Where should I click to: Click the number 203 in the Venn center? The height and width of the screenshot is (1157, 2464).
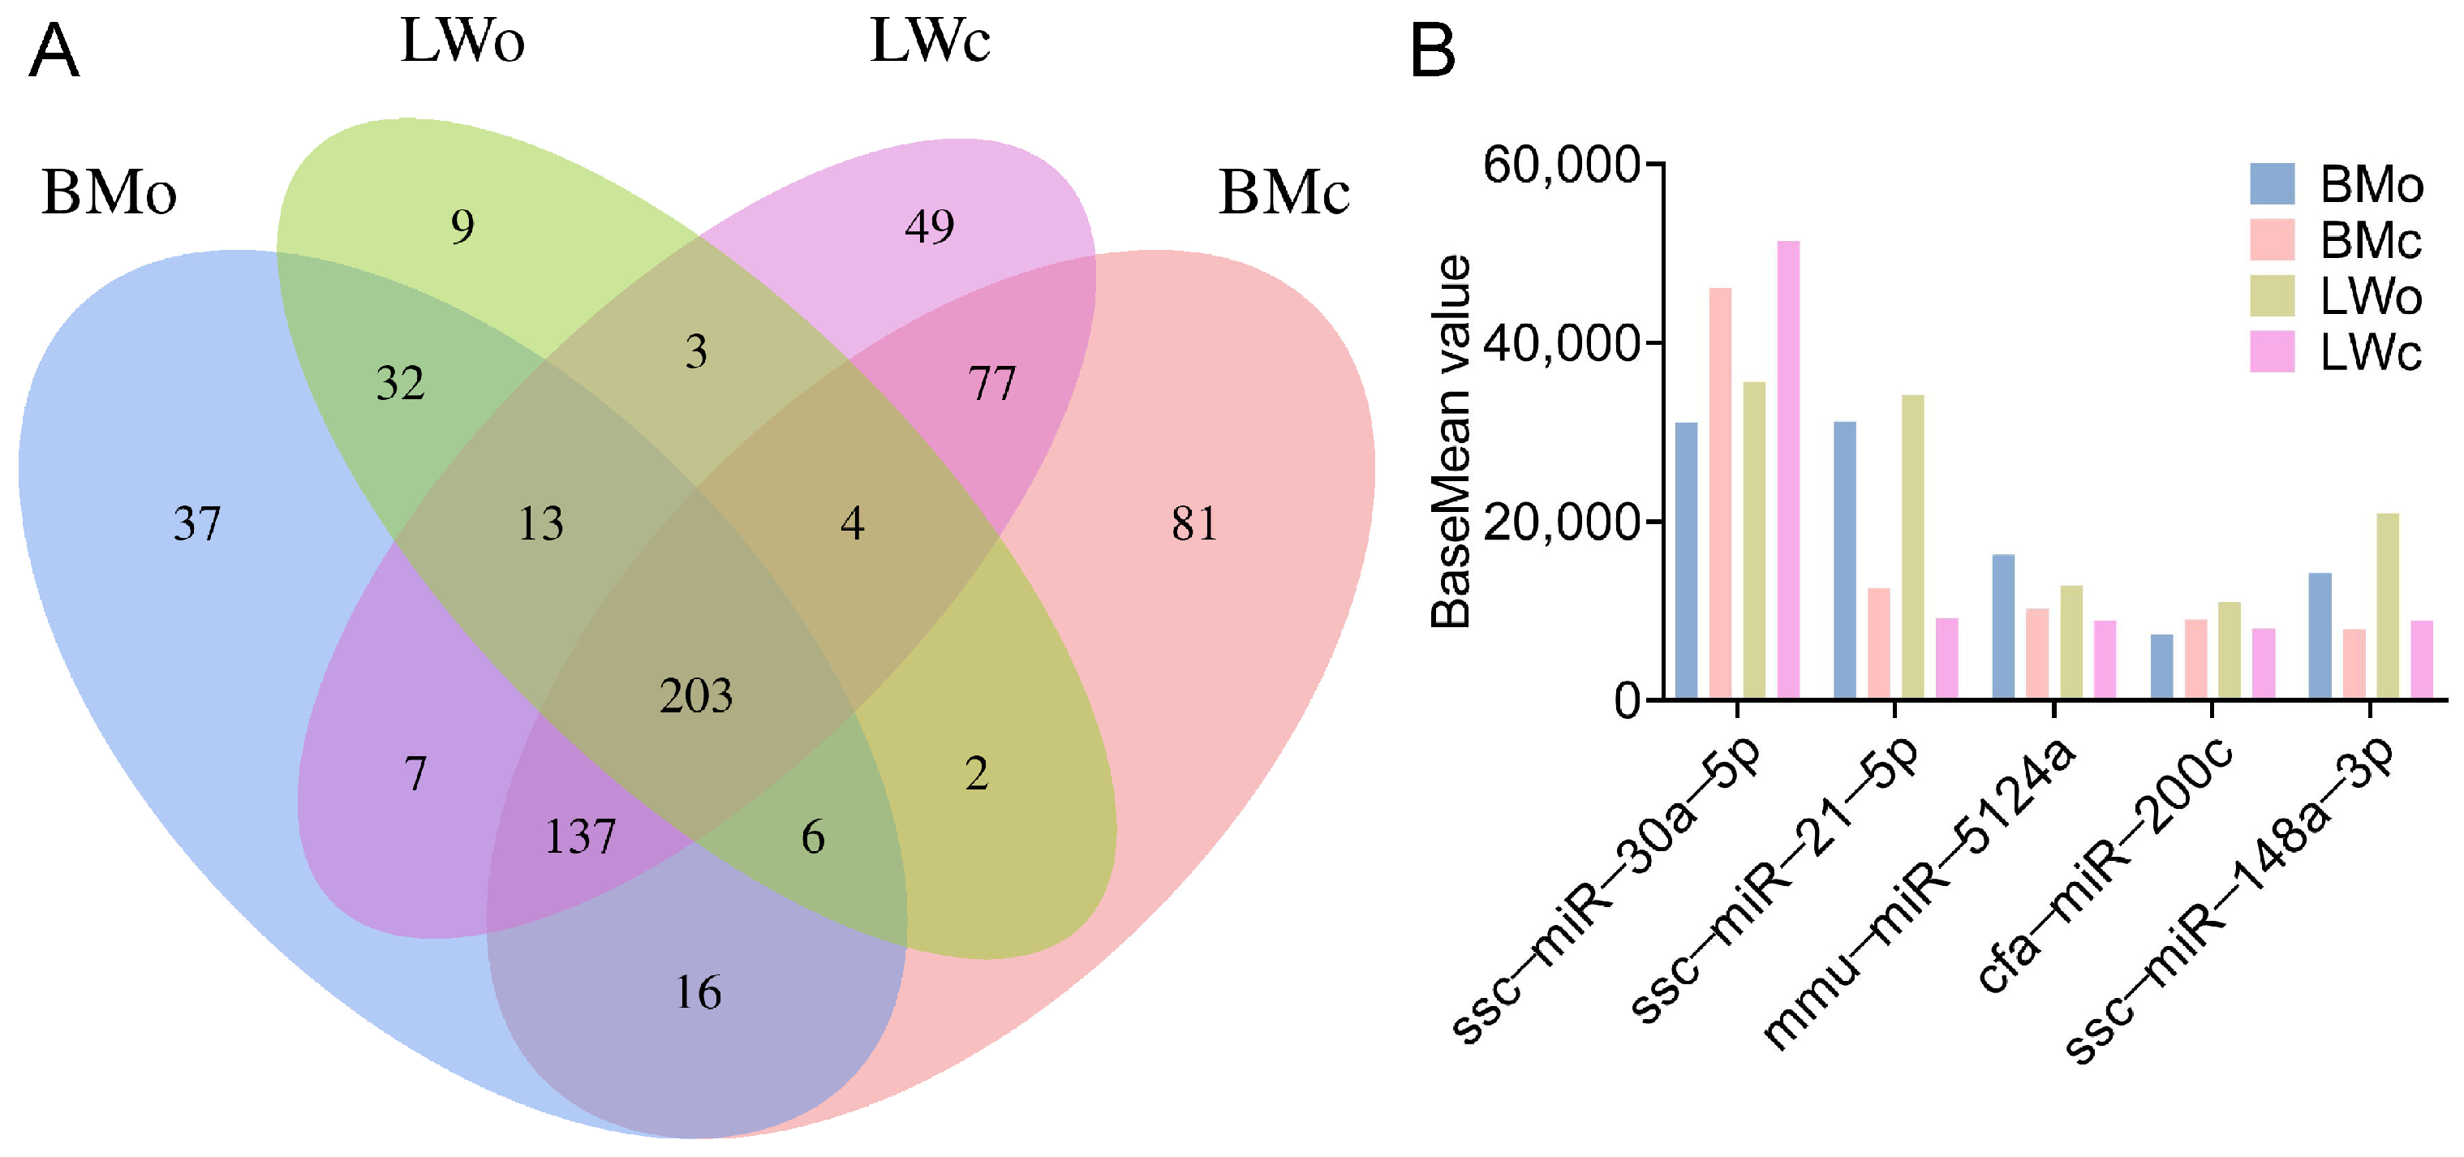[695, 695]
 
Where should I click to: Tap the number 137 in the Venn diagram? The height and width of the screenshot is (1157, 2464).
[579, 837]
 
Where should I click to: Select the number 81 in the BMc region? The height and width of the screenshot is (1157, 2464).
[1195, 523]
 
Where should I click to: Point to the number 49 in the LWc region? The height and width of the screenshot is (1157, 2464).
[929, 226]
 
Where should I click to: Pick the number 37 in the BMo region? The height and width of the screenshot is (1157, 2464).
[197, 523]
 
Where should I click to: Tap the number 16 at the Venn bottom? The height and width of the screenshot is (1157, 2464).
[699, 992]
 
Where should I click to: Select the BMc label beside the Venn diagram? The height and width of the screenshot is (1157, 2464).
[1284, 192]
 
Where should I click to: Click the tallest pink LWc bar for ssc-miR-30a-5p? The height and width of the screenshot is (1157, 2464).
[1787, 468]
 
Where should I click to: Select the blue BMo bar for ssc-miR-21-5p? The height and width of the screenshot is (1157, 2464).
[1844, 559]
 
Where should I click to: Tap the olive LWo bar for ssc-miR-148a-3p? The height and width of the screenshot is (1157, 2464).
[2388, 605]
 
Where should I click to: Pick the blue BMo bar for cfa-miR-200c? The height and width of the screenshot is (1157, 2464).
[2161, 665]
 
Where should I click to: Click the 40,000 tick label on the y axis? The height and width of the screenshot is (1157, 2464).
[1560, 343]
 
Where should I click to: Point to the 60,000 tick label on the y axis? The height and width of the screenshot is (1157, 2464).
[1560, 165]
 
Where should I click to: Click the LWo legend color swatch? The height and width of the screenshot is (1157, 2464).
[2272, 295]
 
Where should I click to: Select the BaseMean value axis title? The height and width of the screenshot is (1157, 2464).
[1450, 441]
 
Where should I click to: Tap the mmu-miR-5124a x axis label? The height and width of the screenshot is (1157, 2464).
[1923, 894]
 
